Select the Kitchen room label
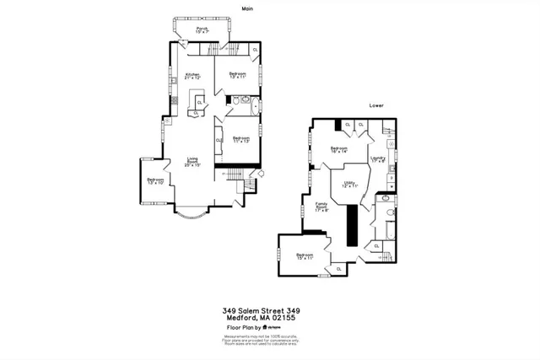pos(192,76)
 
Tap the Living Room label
pos(192,163)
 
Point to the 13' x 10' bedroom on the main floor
pos(154,180)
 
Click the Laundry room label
pos(379,159)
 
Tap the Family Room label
pos(321,207)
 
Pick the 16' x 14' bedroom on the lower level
pos(339,151)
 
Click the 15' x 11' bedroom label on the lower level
pos(304,257)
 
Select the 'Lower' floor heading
pos(375,106)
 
